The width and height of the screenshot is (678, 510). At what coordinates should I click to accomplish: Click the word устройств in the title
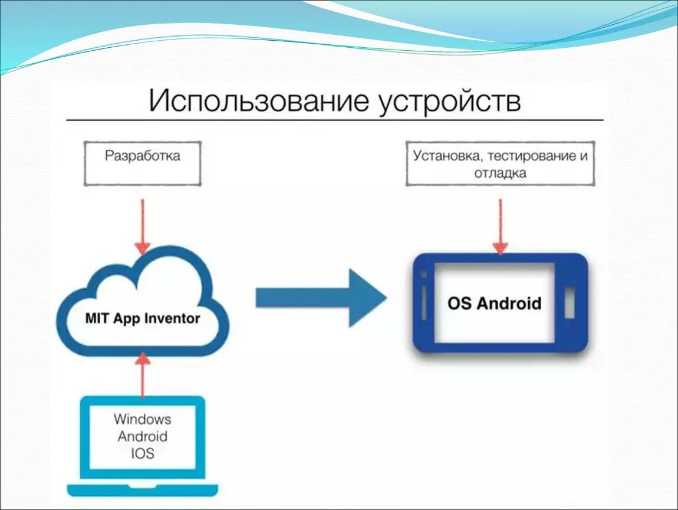[450, 101]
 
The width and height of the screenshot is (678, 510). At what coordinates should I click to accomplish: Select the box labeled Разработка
[143, 164]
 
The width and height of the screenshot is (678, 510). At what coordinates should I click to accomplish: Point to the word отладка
[500, 174]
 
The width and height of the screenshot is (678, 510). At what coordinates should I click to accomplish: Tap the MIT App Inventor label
[142, 319]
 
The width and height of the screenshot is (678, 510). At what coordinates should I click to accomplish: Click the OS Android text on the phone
[494, 303]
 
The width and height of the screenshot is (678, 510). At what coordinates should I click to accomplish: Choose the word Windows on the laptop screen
[142, 420]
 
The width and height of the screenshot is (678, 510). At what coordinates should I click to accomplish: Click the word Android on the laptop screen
[142, 437]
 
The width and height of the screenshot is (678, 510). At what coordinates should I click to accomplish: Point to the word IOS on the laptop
[142, 454]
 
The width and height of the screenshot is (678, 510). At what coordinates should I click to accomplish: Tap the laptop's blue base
[142, 490]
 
